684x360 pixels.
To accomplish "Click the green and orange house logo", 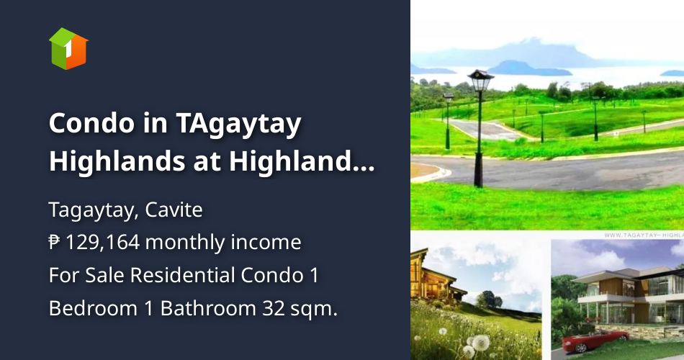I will [x=68, y=48].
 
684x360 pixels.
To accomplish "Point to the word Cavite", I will [x=174, y=210].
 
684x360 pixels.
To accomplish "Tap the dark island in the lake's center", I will [x=528, y=68].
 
